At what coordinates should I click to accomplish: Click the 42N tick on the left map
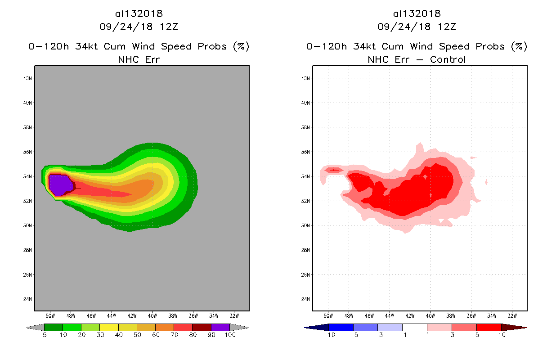pos(28,78)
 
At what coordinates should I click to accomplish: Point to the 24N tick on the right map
pos(306,299)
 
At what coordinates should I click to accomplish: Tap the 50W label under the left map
pos(50,315)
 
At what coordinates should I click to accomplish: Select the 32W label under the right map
pos(512,315)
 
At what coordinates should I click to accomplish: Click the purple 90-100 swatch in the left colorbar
pos(220,327)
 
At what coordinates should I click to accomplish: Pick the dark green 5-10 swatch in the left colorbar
pos(54,327)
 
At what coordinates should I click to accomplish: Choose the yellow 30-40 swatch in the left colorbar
pos(109,327)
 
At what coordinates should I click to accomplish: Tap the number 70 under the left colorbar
pos(174,335)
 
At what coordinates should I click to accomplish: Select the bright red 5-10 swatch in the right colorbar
pos(489,327)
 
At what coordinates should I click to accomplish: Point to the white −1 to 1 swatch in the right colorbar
pos(414,327)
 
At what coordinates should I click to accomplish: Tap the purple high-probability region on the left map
pos(59,184)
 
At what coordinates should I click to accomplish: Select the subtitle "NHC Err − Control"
pos(417,59)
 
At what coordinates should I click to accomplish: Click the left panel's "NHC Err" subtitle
pos(139,59)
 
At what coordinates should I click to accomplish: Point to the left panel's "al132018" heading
pos(139,14)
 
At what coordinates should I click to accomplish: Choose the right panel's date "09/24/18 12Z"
pos(417,27)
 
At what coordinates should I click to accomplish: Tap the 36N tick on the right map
pos(306,152)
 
